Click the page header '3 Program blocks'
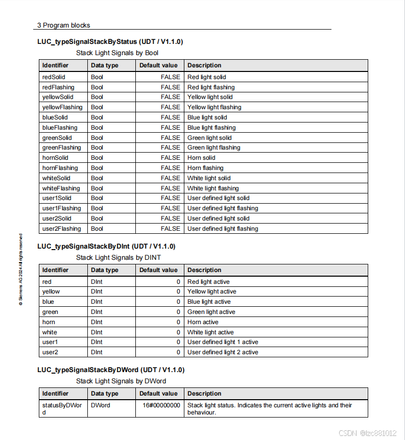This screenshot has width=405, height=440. [64, 25]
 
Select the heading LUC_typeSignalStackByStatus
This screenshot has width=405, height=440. [110, 41]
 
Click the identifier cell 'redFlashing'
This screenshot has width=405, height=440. [58, 87]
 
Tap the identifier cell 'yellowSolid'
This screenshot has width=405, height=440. [58, 97]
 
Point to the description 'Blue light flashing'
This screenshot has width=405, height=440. [211, 128]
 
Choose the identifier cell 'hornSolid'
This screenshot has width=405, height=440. [55, 158]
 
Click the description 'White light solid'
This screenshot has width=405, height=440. [209, 178]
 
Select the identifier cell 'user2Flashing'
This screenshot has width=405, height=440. [61, 229]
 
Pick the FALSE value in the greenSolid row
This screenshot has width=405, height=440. [170, 138]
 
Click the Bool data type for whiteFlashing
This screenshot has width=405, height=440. [97, 188]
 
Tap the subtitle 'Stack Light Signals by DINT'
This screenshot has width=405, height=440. [118, 258]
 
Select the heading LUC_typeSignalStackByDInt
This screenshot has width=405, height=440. [106, 246]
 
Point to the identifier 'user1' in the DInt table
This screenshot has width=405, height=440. [50, 342]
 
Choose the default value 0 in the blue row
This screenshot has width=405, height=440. [178, 302]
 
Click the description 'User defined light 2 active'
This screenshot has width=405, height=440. [223, 352]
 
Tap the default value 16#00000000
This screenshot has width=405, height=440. [161, 405]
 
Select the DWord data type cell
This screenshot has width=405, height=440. [101, 405]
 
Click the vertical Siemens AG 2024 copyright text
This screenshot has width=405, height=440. [20, 270]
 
